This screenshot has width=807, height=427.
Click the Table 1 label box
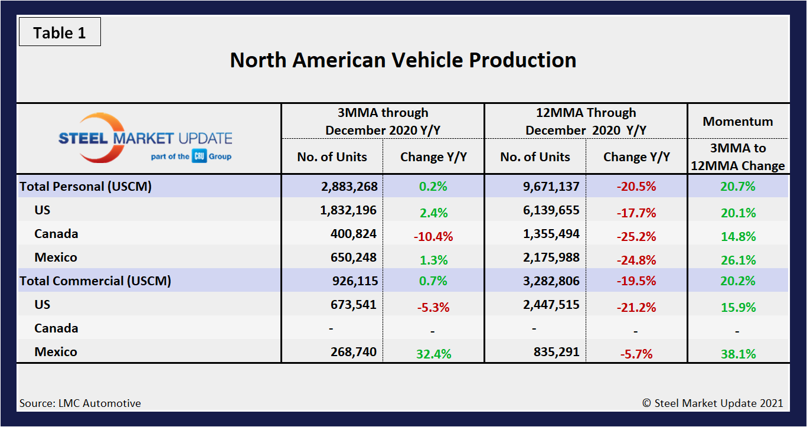[x=60, y=32]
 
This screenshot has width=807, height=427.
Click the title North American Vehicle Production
[x=403, y=60]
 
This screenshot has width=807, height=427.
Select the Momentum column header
[x=737, y=122]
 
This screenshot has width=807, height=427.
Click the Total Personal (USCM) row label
[x=86, y=187]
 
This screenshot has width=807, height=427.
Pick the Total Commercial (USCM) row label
[x=95, y=281]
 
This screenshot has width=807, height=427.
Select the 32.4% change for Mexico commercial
[x=433, y=354]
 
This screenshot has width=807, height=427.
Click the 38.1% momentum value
[x=737, y=354]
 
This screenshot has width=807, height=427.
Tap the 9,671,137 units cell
[x=543, y=187]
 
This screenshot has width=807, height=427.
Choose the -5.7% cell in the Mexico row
[x=636, y=354]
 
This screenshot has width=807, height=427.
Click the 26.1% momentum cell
[x=737, y=260]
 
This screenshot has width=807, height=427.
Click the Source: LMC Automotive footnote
[x=80, y=403]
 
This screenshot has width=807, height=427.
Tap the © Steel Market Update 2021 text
[x=713, y=403]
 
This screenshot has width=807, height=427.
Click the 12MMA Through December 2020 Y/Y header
[x=586, y=121]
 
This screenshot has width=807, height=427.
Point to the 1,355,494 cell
[x=543, y=234]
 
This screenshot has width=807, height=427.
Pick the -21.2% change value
[x=636, y=307]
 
